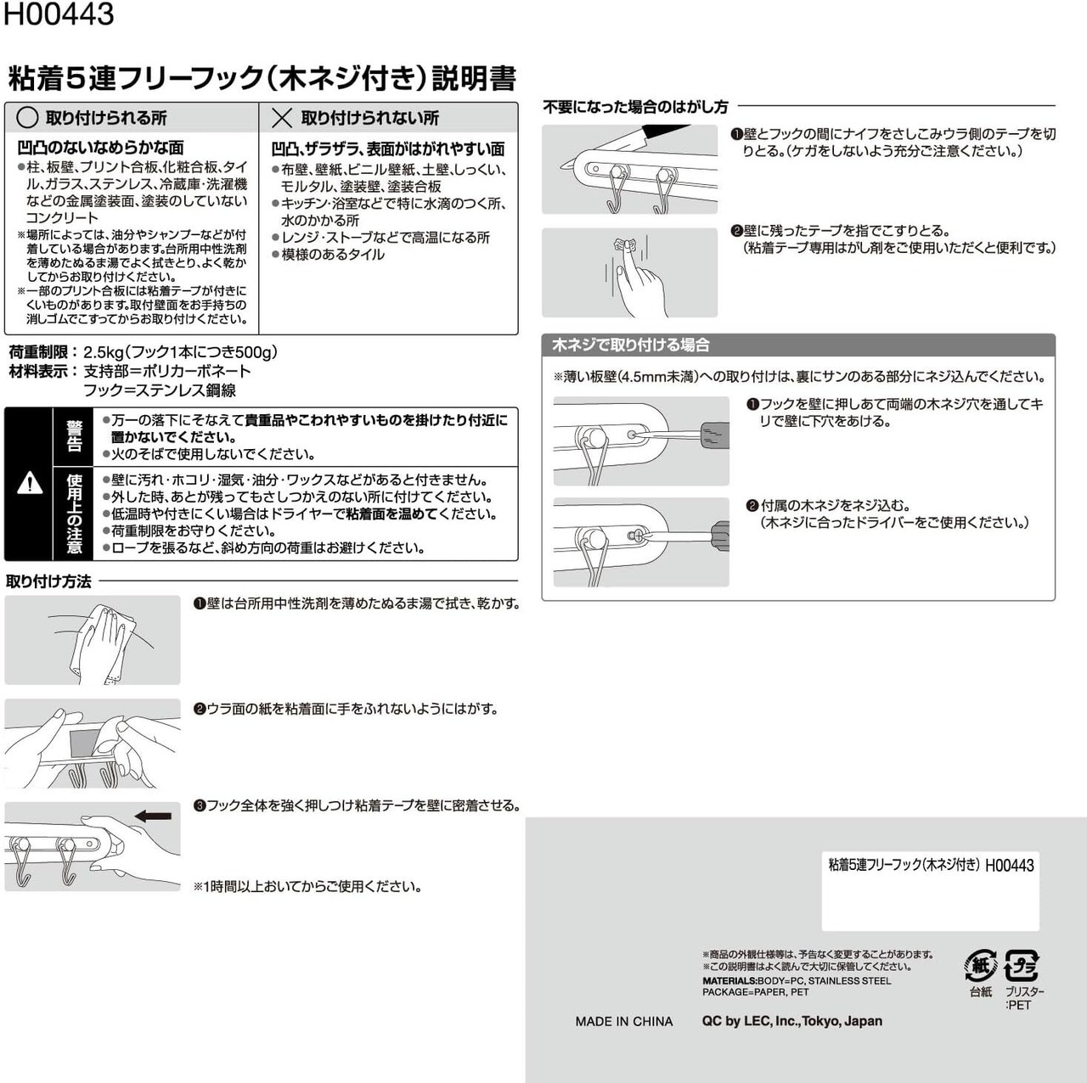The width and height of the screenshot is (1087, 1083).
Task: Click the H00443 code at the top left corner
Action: click(59, 14)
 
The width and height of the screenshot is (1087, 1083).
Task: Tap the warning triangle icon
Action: click(30, 483)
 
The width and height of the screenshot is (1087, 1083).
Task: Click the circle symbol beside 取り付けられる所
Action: click(28, 118)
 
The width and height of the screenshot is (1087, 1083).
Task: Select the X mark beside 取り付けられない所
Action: click(281, 118)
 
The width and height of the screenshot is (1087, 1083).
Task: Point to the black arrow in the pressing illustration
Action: click(153, 816)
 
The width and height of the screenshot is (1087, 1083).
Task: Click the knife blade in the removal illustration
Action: click(667, 132)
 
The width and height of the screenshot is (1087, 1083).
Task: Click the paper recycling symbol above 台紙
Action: click(981, 966)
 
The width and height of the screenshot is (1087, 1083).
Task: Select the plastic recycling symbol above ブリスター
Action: click(1022, 966)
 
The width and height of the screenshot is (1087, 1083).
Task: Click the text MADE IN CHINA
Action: click(624, 1021)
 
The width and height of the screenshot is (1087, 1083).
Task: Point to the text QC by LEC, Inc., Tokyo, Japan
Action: click(792, 1021)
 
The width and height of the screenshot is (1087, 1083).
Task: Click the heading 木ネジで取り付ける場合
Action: click(631, 345)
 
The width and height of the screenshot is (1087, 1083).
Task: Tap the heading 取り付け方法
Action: click(48, 581)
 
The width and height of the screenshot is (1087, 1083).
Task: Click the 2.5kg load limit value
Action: click(104, 352)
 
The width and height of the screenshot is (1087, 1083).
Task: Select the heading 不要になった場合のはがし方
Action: click(636, 107)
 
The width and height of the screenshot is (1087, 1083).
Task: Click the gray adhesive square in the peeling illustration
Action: click(82, 744)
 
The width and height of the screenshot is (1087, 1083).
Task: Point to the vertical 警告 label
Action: click(74, 436)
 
